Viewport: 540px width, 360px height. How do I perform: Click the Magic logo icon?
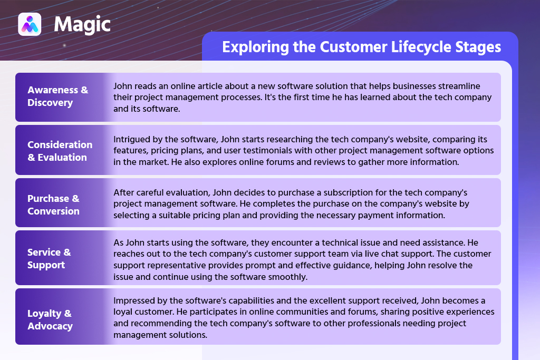(x=30, y=24)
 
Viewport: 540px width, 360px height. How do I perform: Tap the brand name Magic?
(x=82, y=24)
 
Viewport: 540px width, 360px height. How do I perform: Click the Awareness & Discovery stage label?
(x=58, y=96)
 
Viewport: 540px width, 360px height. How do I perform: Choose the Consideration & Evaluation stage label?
(x=60, y=151)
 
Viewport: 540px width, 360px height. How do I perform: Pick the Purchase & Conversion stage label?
(x=53, y=205)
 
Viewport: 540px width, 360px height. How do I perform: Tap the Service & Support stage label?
(x=49, y=258)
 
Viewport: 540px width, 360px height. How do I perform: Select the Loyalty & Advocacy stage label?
(x=50, y=319)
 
